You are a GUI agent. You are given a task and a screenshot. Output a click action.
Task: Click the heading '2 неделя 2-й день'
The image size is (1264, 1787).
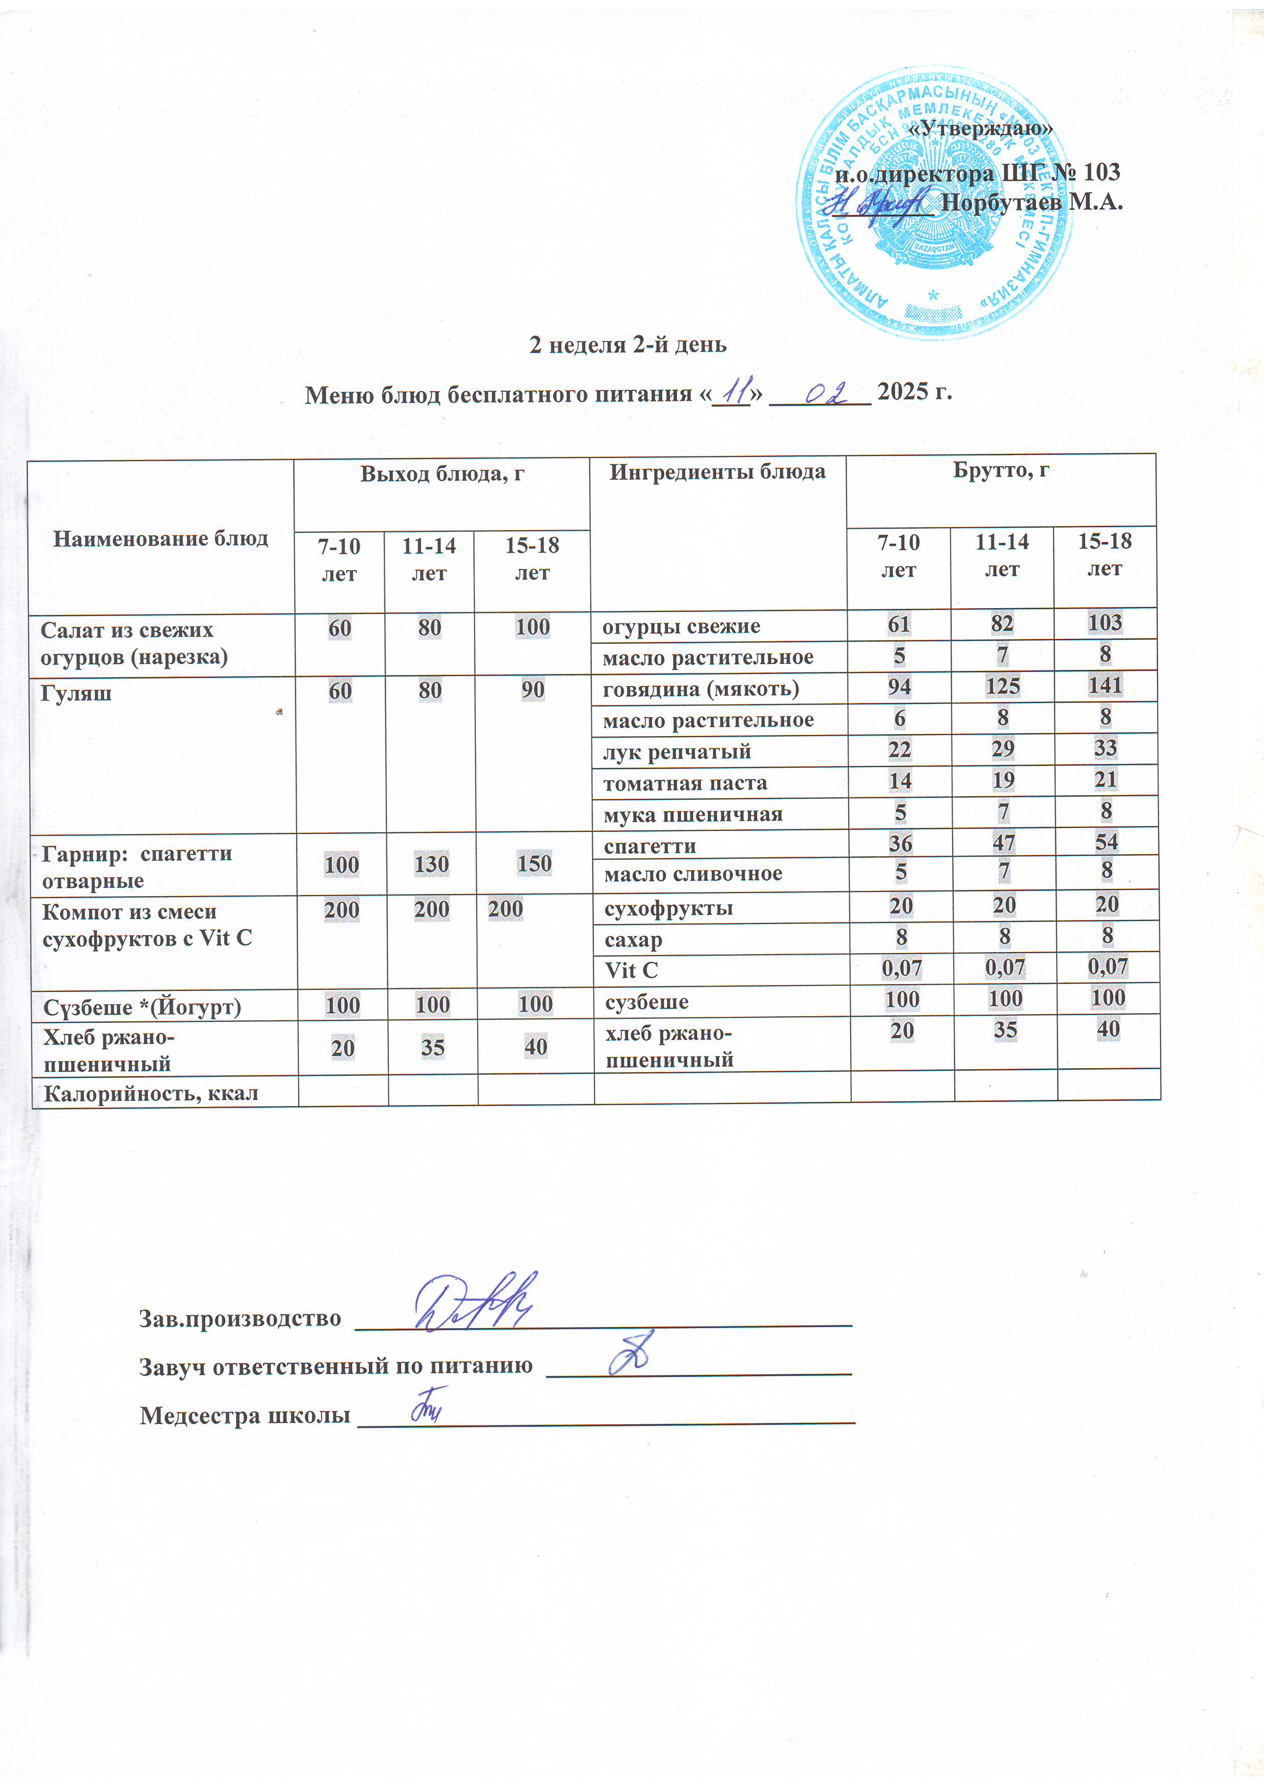[x=628, y=344]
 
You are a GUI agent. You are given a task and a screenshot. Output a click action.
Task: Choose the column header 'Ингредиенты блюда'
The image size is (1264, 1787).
[x=717, y=472]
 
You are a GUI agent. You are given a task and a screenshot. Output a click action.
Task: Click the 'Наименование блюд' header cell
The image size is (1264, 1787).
[x=161, y=538]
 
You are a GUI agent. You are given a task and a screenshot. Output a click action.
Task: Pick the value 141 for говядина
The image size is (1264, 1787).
[x=1104, y=685]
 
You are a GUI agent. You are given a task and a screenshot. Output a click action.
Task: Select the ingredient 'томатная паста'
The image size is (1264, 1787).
[x=684, y=783]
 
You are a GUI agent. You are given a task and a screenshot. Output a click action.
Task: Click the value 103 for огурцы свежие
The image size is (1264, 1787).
[x=1104, y=622]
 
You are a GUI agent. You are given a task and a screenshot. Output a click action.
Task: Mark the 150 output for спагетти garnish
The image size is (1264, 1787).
[x=534, y=863]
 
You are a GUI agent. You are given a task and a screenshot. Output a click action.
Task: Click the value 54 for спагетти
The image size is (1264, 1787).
[x=1106, y=842]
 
